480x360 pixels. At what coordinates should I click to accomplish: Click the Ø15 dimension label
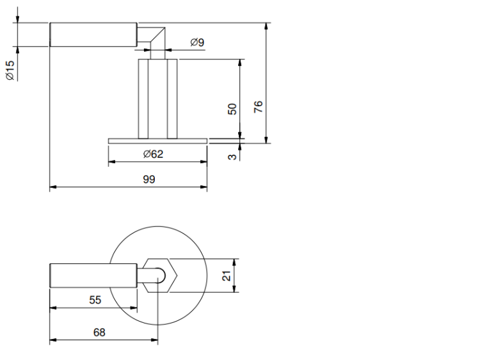(10, 70)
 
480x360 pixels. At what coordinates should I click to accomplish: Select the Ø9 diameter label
(197, 42)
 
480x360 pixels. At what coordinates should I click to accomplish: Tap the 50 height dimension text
(232, 109)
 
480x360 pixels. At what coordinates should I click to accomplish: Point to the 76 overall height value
(259, 107)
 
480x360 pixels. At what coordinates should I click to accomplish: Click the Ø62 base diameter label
(153, 154)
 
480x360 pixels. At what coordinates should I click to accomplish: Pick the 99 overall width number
(149, 179)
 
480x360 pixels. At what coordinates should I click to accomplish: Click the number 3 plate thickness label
(232, 157)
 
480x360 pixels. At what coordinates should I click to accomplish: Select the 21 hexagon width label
(227, 276)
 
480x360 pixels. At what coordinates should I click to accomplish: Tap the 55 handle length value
(95, 300)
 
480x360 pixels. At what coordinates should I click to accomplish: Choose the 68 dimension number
(99, 333)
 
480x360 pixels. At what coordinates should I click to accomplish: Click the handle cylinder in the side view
(93, 35)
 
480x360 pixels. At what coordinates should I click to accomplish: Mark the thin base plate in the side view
(157, 141)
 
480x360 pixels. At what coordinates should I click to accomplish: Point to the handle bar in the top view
(93, 276)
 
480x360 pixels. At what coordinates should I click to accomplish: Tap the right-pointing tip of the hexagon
(177, 276)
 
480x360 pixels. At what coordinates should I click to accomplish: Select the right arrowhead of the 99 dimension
(204, 187)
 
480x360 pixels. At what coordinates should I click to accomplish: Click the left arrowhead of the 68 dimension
(53, 340)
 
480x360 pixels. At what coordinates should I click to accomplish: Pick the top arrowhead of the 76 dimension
(267, 26)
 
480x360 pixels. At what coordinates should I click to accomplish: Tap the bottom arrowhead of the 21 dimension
(234, 288)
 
